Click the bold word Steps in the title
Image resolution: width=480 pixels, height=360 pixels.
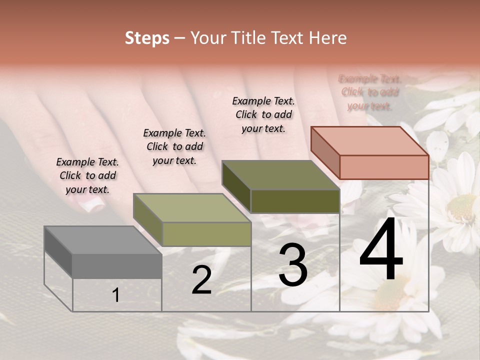tap(147, 38)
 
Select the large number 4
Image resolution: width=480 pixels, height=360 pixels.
tap(381, 250)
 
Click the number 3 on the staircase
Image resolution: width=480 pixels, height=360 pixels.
tap(292, 265)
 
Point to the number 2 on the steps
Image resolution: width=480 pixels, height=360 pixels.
tap(201, 280)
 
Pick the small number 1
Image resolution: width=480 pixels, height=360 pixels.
tap(116, 295)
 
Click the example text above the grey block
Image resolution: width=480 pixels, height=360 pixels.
tap(87, 175)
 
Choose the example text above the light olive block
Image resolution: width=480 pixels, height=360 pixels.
tap(174, 146)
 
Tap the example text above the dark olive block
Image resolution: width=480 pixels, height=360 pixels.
tap(263, 114)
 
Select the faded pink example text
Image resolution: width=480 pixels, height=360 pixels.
tap(370, 92)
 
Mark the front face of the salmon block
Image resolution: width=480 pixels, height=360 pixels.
tap(384, 167)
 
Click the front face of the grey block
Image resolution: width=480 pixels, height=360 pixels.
tap(117, 266)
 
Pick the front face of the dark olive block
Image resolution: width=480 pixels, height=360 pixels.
tap(295, 201)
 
